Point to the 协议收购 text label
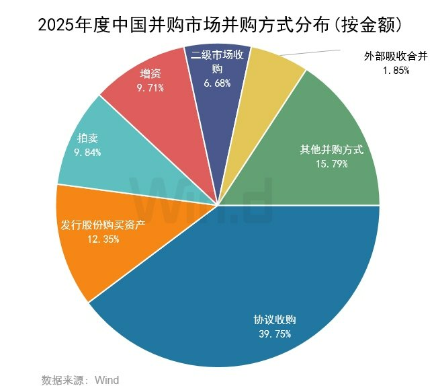(x=272, y=320)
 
